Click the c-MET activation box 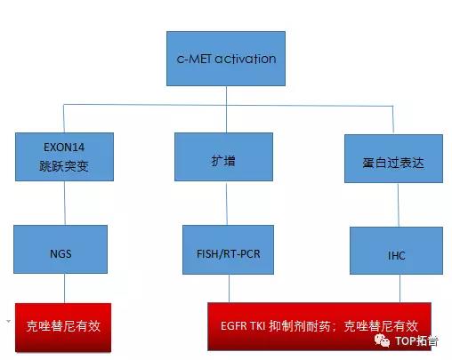click(226, 59)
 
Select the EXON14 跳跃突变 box click(64, 156)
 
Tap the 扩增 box click(223, 156)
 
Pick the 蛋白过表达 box click(393, 158)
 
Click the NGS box click(61, 249)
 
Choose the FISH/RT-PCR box click(228, 250)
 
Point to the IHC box click(396, 251)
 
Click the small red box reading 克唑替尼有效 click(63, 327)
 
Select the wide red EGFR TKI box click(319, 326)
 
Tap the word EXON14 click(64, 148)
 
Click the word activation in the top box click(246, 59)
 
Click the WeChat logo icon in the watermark click(382, 340)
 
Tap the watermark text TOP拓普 click(416, 340)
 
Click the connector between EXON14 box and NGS click(65, 203)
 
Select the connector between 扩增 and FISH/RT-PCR click(227, 204)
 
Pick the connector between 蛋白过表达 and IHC click(399, 205)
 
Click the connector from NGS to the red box click(64, 288)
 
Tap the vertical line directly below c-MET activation click(226, 109)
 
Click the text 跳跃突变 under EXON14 click(64, 166)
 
